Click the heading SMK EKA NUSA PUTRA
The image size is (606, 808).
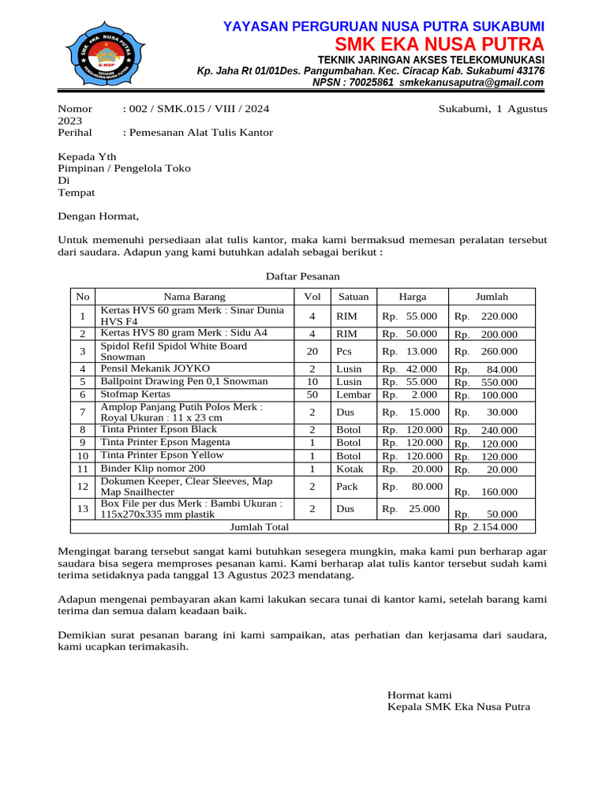[x=440, y=43]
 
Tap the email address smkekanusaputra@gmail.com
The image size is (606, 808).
[x=472, y=83]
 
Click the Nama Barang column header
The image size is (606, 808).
[x=194, y=297]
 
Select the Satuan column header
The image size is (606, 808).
[x=353, y=297]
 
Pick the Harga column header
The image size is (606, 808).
[x=413, y=297]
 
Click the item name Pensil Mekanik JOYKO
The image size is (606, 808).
[x=155, y=368]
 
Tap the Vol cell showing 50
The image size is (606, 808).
[x=312, y=394]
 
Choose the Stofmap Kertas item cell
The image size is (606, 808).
[x=135, y=394]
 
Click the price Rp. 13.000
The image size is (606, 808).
[x=410, y=351]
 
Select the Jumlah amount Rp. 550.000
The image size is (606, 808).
[x=486, y=383]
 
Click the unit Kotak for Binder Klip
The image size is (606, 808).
[x=349, y=468]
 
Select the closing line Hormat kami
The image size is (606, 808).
[x=419, y=694]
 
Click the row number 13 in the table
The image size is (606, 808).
[x=82, y=509]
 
